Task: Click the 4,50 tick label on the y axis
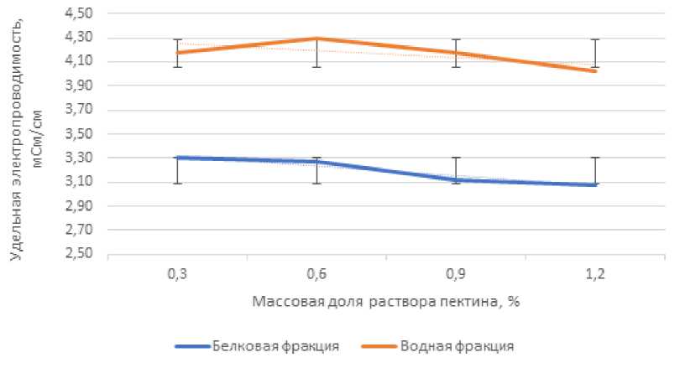[x=83, y=13]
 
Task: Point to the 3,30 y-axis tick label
[x=83, y=158]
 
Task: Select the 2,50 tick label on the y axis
[x=83, y=254]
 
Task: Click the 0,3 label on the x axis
[x=177, y=273]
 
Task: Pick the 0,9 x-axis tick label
[x=455, y=273]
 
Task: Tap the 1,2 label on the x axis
[x=594, y=273]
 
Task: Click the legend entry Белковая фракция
[x=276, y=345]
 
